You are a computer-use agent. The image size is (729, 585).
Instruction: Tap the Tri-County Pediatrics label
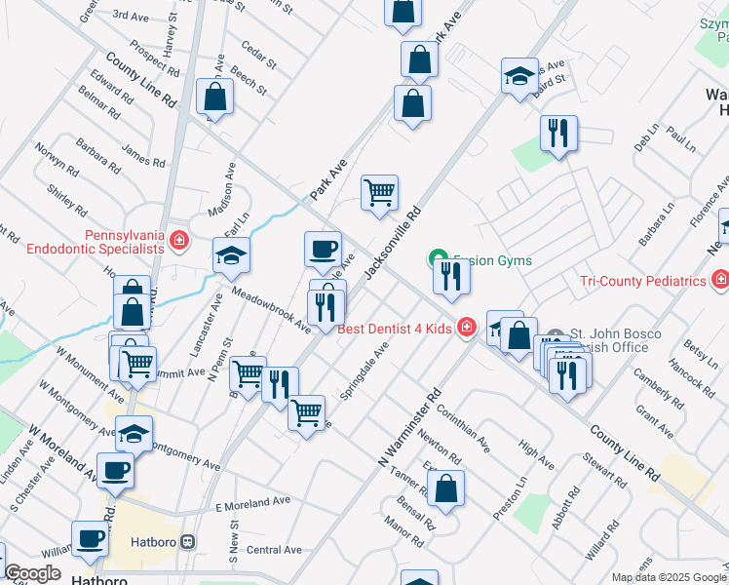[643, 281]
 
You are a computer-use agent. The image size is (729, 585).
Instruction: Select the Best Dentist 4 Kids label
[395, 329]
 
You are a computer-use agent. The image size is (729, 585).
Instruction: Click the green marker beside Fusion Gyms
[437, 259]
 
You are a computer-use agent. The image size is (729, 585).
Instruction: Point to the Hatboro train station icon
[189, 541]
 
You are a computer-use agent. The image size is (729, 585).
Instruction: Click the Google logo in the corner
[33, 573]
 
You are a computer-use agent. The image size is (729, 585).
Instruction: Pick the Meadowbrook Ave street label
[271, 310]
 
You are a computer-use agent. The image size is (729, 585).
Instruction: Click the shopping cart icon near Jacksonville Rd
[379, 192]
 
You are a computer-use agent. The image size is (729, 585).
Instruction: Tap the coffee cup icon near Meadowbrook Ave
[323, 249]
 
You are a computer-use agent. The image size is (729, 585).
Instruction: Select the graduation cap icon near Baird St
[519, 75]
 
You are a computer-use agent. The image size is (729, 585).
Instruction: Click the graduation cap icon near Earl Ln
[231, 255]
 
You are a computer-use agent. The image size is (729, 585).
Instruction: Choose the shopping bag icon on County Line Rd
[214, 97]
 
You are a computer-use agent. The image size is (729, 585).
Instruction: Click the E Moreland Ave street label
[253, 501]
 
